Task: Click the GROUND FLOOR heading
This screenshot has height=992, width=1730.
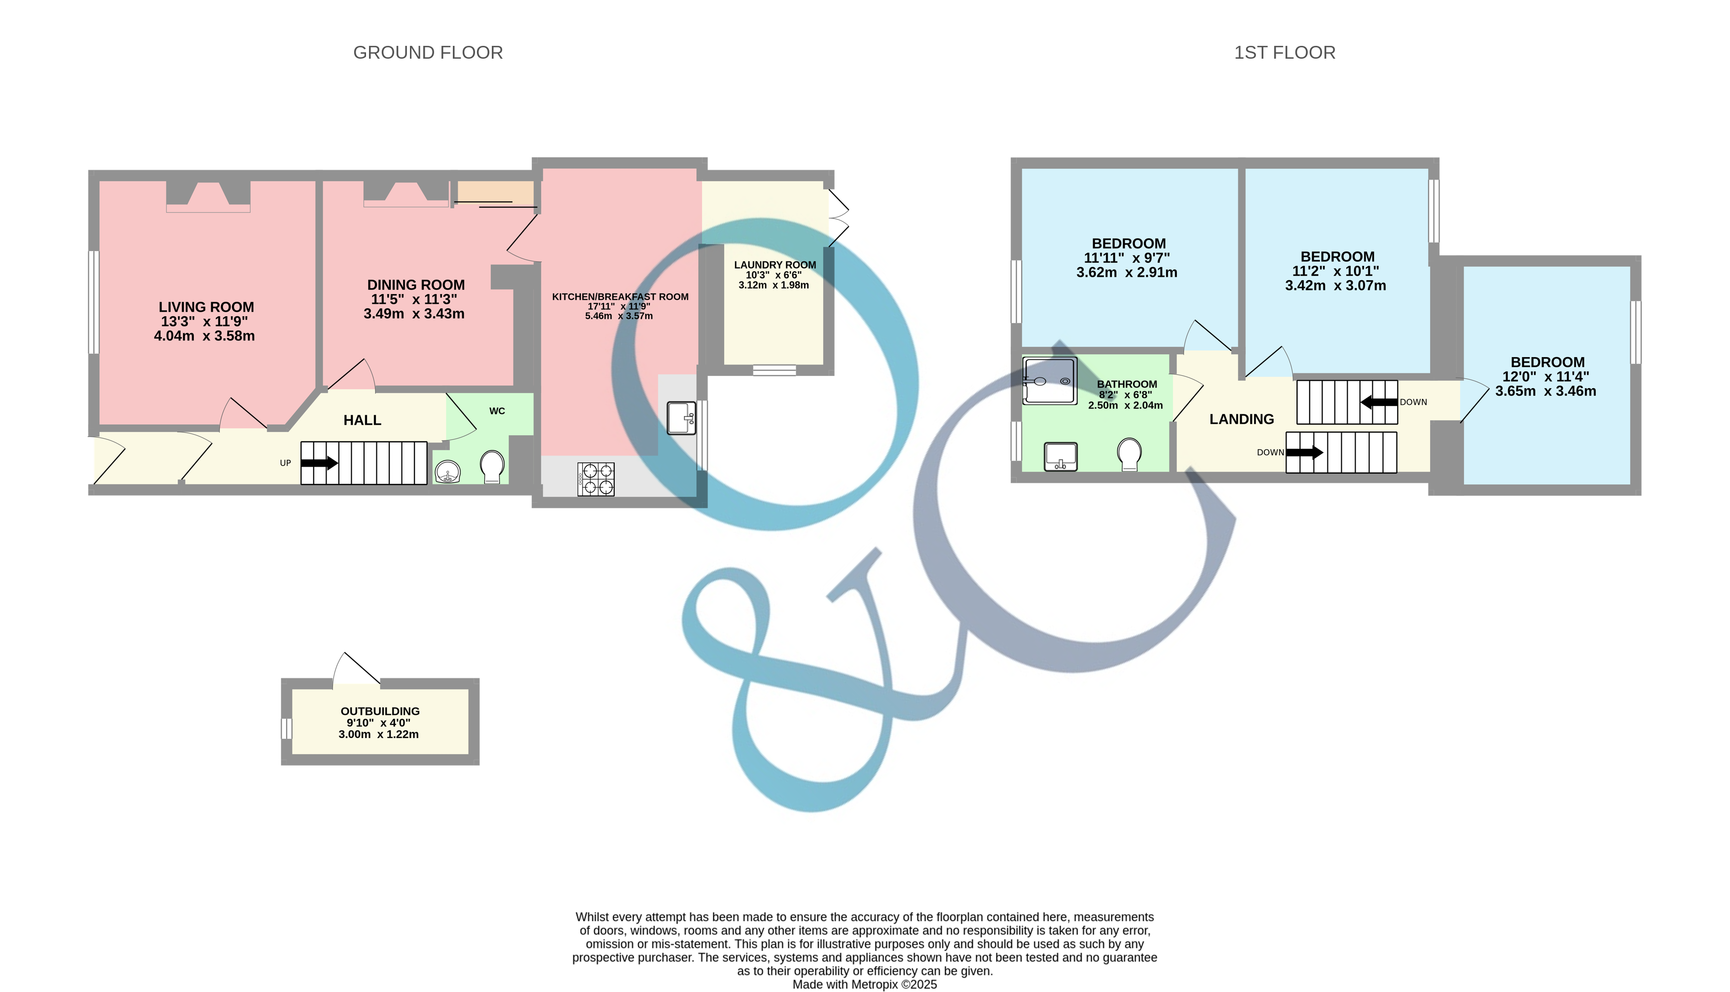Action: (428, 52)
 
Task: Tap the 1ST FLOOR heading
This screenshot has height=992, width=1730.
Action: (1284, 52)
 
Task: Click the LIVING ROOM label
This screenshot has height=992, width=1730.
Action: (206, 307)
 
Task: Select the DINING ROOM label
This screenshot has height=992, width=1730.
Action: (415, 285)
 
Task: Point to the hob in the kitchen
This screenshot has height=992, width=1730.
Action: (595, 478)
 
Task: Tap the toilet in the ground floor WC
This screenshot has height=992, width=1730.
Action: (492, 466)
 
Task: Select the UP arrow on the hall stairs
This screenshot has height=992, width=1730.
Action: (319, 463)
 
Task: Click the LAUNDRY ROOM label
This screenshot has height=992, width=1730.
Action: (774, 265)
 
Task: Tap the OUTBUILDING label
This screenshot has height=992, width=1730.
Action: (380, 711)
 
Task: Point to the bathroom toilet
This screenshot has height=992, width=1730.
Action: (1129, 453)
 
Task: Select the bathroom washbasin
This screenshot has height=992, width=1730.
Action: (1061, 456)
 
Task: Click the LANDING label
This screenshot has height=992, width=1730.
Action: (1241, 419)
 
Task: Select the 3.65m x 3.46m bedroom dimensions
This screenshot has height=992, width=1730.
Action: (1546, 391)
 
